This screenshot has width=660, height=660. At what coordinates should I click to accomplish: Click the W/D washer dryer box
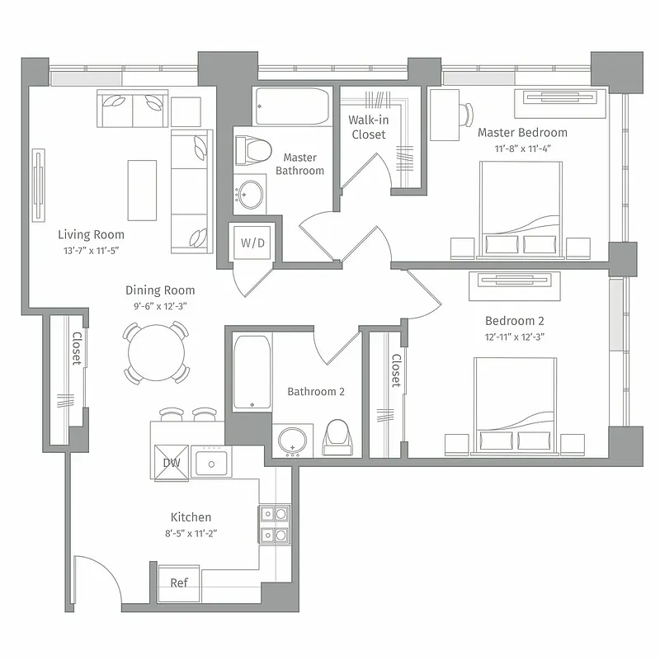pyautogui.click(x=252, y=243)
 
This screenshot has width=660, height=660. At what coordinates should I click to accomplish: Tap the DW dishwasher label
pyautogui.click(x=171, y=462)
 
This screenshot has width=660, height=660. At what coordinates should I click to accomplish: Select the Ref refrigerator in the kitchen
pyautogui.click(x=179, y=582)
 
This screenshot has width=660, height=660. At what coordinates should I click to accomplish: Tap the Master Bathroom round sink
pyautogui.click(x=251, y=195)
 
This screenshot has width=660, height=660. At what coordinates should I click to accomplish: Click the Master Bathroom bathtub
pyautogui.click(x=292, y=106)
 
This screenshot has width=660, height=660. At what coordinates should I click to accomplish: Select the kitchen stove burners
pyautogui.click(x=274, y=525)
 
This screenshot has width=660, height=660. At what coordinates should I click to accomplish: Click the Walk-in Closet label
pyautogui.click(x=368, y=127)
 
